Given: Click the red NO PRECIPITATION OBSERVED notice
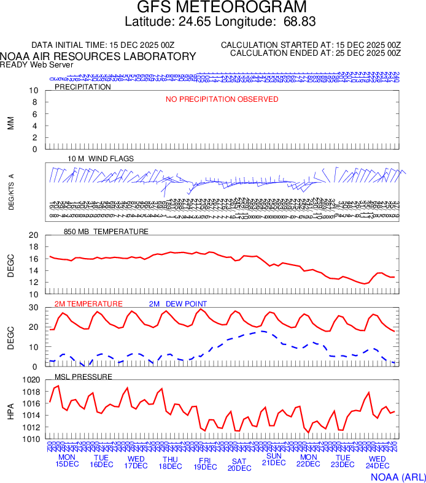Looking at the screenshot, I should click(x=222, y=99).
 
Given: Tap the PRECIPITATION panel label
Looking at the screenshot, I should click(x=83, y=87).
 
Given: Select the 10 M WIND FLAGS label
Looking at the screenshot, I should click(x=101, y=159).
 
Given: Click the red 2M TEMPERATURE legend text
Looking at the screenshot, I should click(x=88, y=304).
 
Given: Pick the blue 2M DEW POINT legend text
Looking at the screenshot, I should click(x=178, y=304).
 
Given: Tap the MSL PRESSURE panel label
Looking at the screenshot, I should click(x=83, y=376).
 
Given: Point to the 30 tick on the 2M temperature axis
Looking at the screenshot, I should click(x=34, y=308).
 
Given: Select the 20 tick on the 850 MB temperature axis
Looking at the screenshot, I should click(x=34, y=235).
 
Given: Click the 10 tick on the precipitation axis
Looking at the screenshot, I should click(x=34, y=91).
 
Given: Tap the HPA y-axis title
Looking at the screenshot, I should click(x=10, y=409).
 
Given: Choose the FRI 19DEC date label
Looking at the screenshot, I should click(x=204, y=462).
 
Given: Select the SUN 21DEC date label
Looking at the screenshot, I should click(x=273, y=458).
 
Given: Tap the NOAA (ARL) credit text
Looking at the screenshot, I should click(x=398, y=476).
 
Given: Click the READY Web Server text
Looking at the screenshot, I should click(x=37, y=65).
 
